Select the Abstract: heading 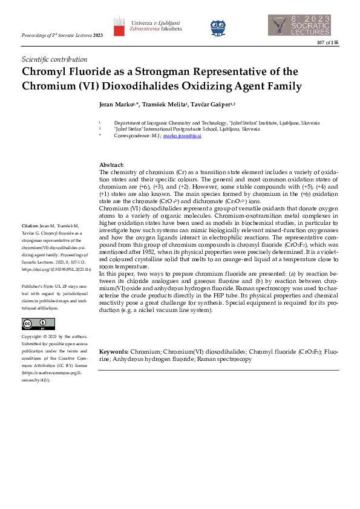[111, 165]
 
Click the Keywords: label [114, 351]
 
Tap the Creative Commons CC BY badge [31, 323]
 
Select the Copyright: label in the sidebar [33, 337]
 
